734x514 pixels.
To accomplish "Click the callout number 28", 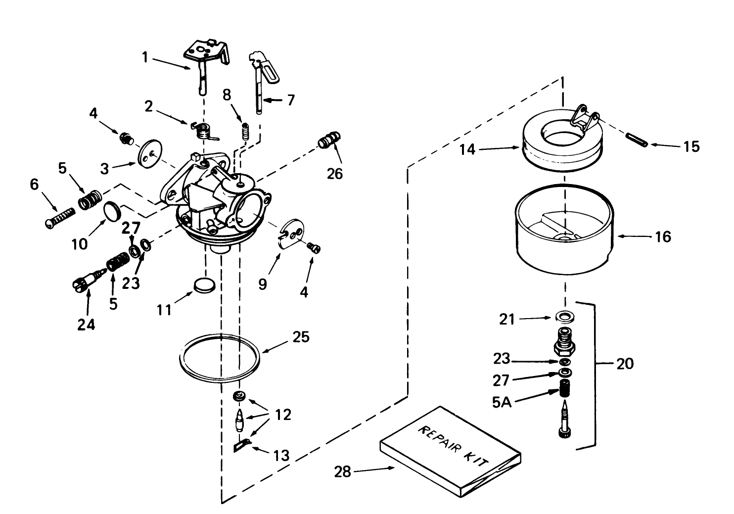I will pos(342,472).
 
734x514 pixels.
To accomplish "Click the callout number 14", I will pos(467,149).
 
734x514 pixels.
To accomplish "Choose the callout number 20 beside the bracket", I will pos(625,364).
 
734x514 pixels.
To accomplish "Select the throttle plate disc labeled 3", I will pos(150,154).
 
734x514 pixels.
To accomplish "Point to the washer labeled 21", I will pos(563,316).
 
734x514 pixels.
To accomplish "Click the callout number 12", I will pos(283,415).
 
